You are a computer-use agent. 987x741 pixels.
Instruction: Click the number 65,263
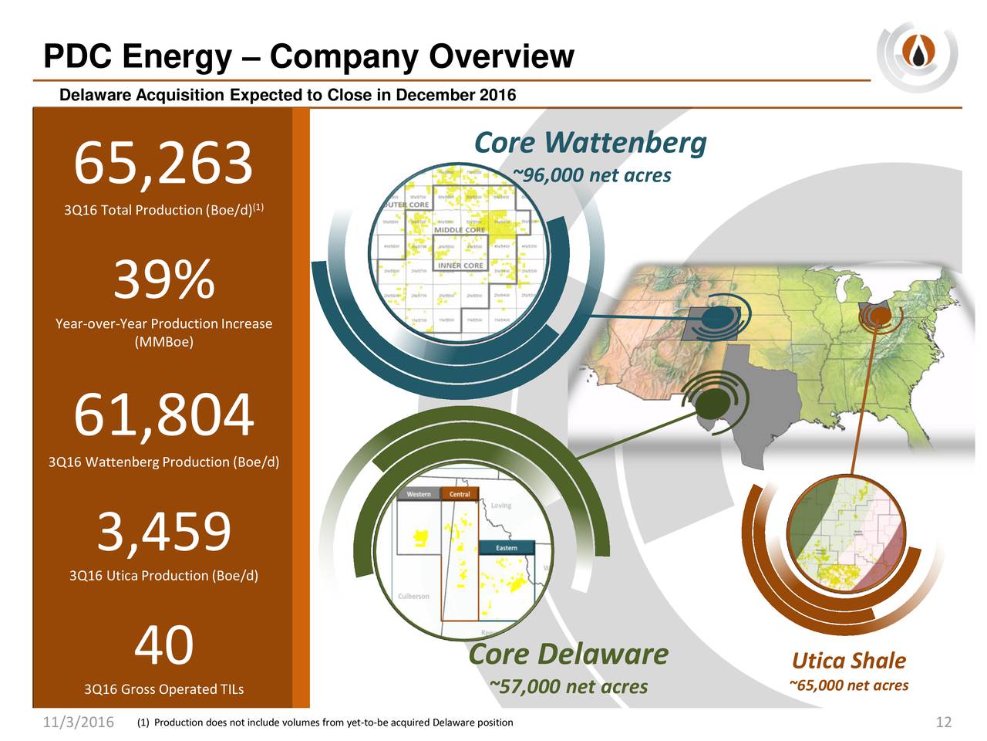coord(163,164)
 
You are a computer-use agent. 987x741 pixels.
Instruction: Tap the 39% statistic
coord(163,279)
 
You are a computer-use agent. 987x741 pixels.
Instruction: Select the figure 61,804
coord(163,415)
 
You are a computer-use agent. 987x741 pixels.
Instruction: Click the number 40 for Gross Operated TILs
coord(163,645)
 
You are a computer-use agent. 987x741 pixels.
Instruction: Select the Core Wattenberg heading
coord(590,143)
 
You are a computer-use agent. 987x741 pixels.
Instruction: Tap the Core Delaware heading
coord(568,654)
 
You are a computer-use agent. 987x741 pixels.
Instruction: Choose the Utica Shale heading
coord(848,661)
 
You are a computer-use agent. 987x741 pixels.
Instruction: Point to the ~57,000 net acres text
coord(568,687)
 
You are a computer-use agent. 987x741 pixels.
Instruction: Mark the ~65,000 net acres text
coord(848,685)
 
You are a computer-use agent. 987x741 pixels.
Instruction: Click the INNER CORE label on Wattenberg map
coord(460,266)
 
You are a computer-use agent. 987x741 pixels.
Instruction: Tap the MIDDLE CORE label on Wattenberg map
coord(460,230)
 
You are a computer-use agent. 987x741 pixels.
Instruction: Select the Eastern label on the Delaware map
coord(506,547)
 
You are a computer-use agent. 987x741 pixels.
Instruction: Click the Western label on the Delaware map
coord(419,494)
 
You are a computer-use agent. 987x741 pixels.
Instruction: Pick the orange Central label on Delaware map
coord(460,494)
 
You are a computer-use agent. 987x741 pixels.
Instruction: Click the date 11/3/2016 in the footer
coord(77,722)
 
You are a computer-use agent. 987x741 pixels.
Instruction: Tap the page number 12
coord(943,722)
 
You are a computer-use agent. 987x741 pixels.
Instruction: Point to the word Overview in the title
coord(501,56)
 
